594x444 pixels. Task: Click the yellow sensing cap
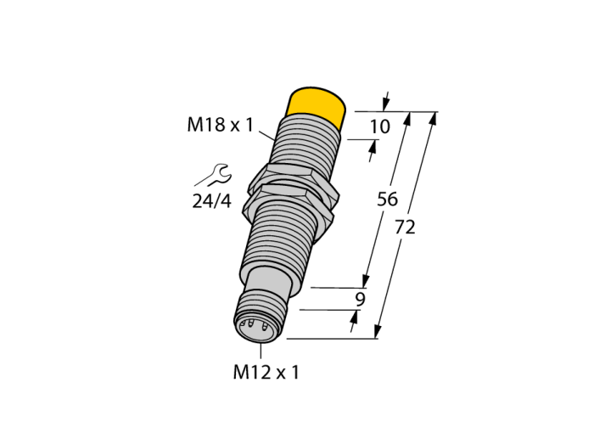tap(317, 107)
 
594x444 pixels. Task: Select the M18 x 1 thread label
tap(220, 125)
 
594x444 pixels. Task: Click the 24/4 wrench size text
tap(211, 201)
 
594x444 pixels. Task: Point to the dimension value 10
tap(379, 126)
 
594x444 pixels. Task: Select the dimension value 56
tap(387, 200)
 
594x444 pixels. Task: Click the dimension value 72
tap(405, 228)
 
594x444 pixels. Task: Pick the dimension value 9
tap(360, 300)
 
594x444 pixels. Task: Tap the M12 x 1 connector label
tap(266, 372)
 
